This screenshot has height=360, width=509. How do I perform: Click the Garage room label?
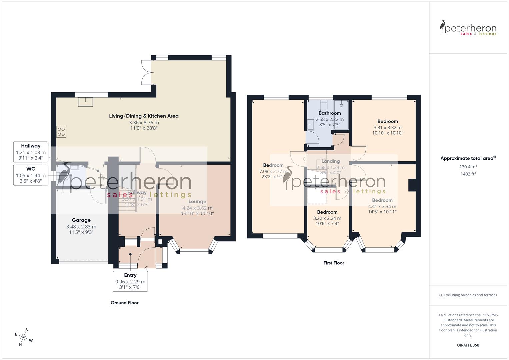[x=81, y=220]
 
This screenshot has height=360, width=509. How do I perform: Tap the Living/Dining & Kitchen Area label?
[x=144, y=116]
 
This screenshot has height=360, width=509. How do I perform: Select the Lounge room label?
[x=197, y=201]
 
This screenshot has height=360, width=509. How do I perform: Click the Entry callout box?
[x=130, y=281]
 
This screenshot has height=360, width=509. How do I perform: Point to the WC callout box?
[x=31, y=175]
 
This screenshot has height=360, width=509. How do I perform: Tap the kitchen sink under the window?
[x=86, y=102]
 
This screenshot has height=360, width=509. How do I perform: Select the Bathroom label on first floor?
[x=329, y=113]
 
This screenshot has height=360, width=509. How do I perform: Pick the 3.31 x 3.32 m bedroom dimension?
[x=387, y=127]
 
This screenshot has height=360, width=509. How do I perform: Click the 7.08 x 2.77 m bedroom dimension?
[x=273, y=171]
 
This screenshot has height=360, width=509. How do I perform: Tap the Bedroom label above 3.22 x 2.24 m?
[x=327, y=212]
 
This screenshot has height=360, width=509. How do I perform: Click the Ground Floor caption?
[x=124, y=303]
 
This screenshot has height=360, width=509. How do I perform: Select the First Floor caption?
[x=334, y=263]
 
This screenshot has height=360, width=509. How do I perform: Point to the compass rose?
[x=23, y=337]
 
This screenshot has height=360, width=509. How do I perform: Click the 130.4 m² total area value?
[x=468, y=167]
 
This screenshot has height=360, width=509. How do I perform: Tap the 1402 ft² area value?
[x=468, y=174]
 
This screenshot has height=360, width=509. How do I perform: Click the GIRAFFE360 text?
[x=468, y=345]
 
